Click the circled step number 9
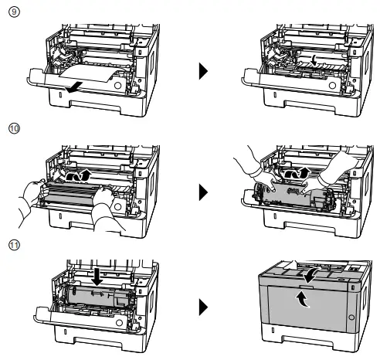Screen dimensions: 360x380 point(14,13)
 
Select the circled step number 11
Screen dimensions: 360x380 point(14,246)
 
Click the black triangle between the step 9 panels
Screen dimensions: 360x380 point(204,72)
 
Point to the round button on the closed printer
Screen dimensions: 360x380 point(353,318)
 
